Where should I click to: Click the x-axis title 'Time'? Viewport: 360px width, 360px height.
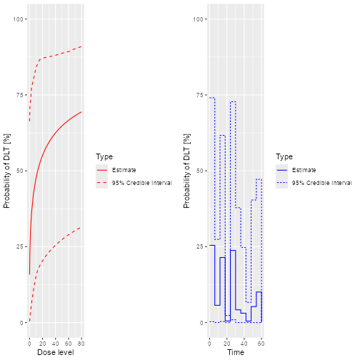(235, 351)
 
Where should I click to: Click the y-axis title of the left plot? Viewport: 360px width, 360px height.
(7, 171)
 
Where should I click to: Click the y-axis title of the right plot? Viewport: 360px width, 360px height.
(187, 171)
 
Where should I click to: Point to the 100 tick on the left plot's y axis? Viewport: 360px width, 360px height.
(16, 19)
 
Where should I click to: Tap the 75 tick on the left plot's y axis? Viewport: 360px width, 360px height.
(18, 95)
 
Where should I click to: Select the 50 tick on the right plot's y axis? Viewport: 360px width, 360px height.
(198, 171)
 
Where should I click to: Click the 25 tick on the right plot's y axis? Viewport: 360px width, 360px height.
(198, 246)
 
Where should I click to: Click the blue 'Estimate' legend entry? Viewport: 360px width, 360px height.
(303, 170)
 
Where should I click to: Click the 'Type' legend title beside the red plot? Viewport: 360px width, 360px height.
(104, 157)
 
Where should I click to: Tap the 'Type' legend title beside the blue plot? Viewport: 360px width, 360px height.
(284, 157)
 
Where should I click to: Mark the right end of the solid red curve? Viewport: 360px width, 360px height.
(81, 112)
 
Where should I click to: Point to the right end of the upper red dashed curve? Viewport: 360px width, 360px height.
(81, 46)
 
